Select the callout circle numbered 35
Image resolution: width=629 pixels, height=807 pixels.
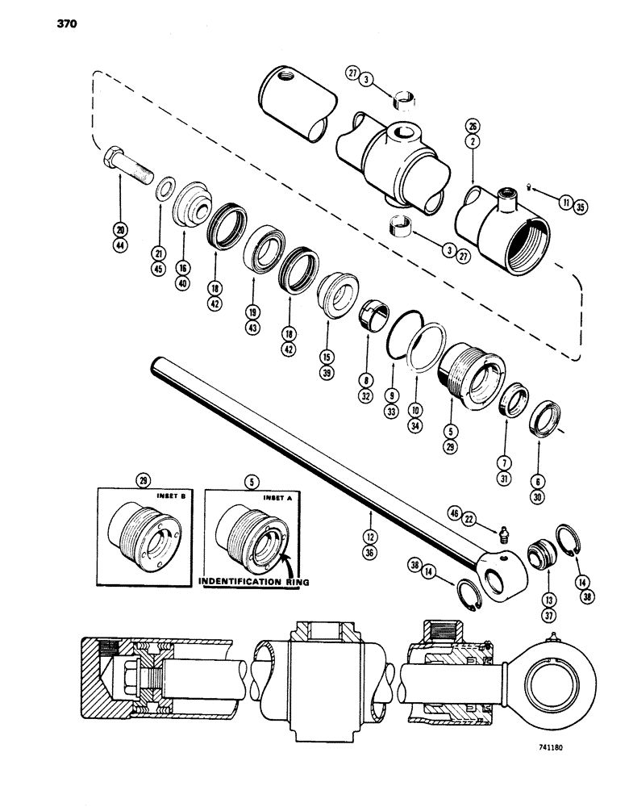[577, 207]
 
